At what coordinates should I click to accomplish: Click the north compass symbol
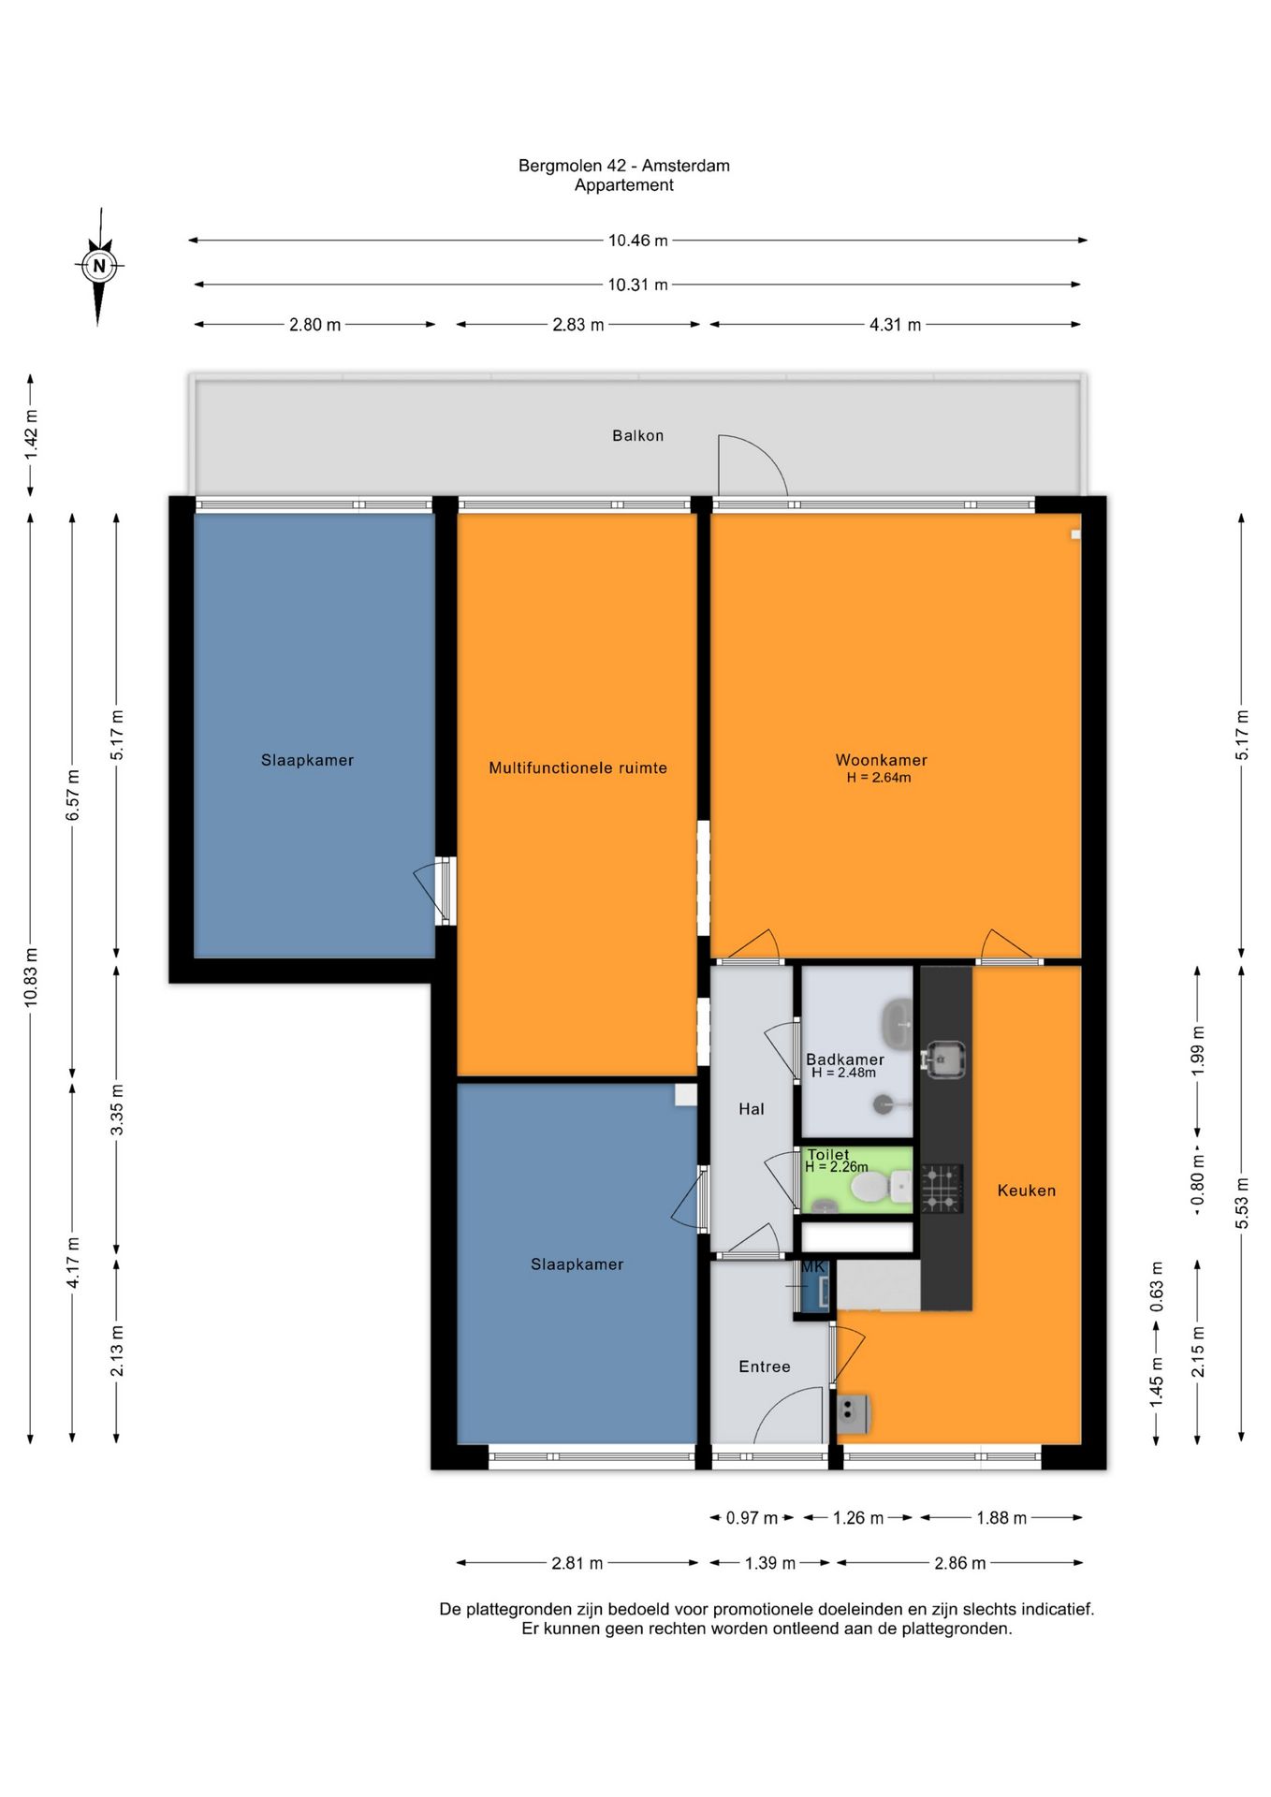coord(99,266)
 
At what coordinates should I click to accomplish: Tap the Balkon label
coord(638,435)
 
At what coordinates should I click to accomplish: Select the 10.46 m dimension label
coord(638,241)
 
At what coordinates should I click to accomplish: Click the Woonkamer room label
coord(882,760)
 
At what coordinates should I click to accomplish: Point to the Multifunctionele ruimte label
coord(578,767)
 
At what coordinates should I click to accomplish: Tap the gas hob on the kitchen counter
coord(942,1189)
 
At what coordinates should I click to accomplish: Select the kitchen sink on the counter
coord(945,1059)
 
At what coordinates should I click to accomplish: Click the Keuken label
coord(1027,1191)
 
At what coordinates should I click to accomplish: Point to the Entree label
coord(765,1366)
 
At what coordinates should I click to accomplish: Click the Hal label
coord(752,1109)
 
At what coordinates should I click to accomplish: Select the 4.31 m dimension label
coord(896,325)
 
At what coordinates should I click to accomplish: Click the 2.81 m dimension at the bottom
coord(577,1563)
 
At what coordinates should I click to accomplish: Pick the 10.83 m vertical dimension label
coord(31,977)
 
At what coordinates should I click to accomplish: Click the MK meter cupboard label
coord(813,1267)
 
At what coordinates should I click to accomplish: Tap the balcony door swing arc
coord(765,453)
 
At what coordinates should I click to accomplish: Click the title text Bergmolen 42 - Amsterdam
coord(624,166)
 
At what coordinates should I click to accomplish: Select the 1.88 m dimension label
coord(1001,1518)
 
